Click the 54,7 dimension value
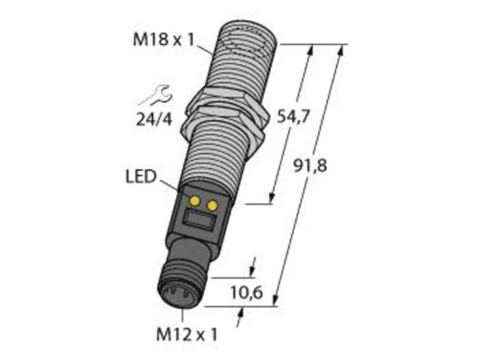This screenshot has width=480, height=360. (x=292, y=117)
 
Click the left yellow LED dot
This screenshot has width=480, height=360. (x=194, y=200)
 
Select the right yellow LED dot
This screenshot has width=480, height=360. (x=212, y=206)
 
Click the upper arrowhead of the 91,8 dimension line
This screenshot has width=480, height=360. (x=341, y=50)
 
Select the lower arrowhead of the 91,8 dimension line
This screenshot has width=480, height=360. (x=277, y=300)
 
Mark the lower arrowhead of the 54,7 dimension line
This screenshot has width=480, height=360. (x=271, y=199)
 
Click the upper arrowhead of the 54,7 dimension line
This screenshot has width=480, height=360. (x=311, y=50)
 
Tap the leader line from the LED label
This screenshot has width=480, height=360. (x=170, y=185)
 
